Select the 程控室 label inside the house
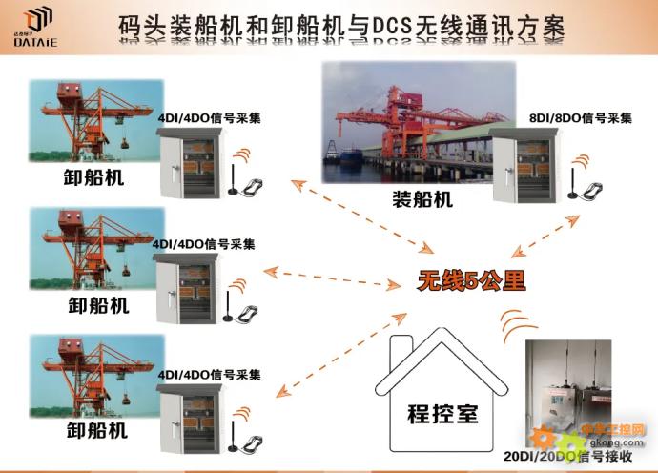442,416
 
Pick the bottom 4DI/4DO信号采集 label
210,374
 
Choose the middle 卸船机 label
97,305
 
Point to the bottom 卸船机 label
96,430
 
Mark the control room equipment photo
576,396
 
